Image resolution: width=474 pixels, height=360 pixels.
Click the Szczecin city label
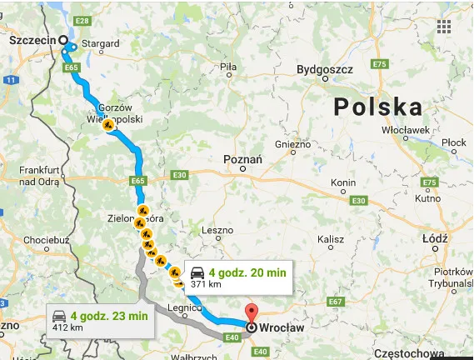point(31,38)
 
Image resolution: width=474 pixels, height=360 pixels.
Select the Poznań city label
point(243,158)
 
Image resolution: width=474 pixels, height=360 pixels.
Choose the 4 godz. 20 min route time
point(247,272)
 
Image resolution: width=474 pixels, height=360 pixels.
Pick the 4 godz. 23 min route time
point(109,315)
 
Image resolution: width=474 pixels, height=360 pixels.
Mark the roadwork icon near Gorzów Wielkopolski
point(108,126)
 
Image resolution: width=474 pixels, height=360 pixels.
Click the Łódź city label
point(435,238)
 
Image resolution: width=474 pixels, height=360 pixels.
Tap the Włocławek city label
point(405,130)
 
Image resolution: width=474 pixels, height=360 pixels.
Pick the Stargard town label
point(102,43)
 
